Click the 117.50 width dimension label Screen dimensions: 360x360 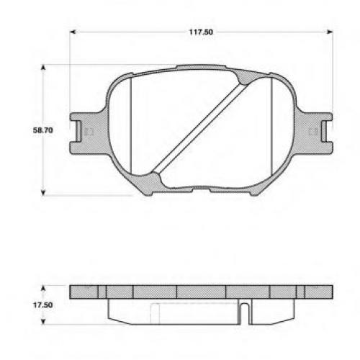(x=201, y=32)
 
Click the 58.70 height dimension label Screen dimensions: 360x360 (x=43, y=130)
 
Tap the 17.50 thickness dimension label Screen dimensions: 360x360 (x=42, y=305)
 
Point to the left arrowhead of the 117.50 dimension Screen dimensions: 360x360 (x=73, y=32)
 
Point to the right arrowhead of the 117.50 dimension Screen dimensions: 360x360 (x=330, y=32)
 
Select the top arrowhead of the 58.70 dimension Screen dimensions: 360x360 (x=43, y=68)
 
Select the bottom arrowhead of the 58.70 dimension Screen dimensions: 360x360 (x=43, y=192)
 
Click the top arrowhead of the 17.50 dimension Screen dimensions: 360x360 (x=43, y=288)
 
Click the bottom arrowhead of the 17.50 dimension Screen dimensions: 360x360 (x=43, y=322)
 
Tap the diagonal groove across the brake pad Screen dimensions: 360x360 (x=199, y=128)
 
